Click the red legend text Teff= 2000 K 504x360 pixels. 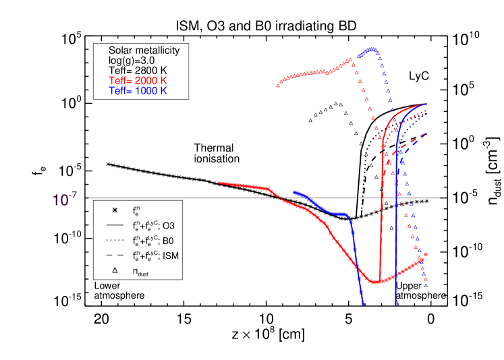[138, 80]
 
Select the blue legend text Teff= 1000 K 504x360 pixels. [138, 90]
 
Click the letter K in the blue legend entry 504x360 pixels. [164, 90]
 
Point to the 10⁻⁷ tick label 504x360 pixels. [65, 200]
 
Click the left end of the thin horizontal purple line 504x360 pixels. [88, 198]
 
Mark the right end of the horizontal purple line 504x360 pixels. [440, 198]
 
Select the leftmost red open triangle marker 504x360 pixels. [278, 85]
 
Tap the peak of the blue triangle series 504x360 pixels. [370, 49]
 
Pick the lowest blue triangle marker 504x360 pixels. [426, 285]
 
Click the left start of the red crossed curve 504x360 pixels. [218, 182]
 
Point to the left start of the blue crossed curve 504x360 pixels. [294, 192]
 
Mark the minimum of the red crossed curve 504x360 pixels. [376, 281]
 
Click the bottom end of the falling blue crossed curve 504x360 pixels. [363, 304]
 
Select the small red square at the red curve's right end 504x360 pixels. [426, 254]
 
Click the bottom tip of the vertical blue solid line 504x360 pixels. [395, 305]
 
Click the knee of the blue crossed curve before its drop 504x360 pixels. [349, 216]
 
